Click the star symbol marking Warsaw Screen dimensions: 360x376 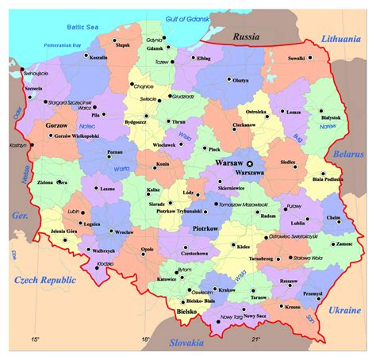(x=250, y=163)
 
